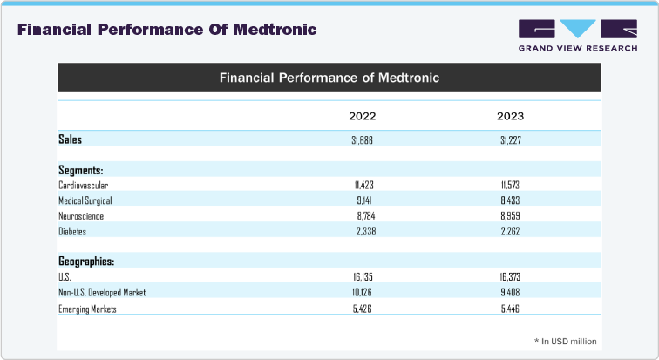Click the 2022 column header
363,116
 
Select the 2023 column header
510,116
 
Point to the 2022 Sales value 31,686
363,139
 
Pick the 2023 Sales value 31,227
510,139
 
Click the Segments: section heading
81,170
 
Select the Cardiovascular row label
84,186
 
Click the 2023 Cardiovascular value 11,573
510,186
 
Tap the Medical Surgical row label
85,200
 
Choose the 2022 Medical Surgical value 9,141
363,200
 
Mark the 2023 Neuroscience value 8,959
510,216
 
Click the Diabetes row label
72,232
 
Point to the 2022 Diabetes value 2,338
363,232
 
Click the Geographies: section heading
86,262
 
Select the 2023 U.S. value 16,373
510,277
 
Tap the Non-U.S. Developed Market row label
102,293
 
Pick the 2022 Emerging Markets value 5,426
363,309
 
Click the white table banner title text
329,78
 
